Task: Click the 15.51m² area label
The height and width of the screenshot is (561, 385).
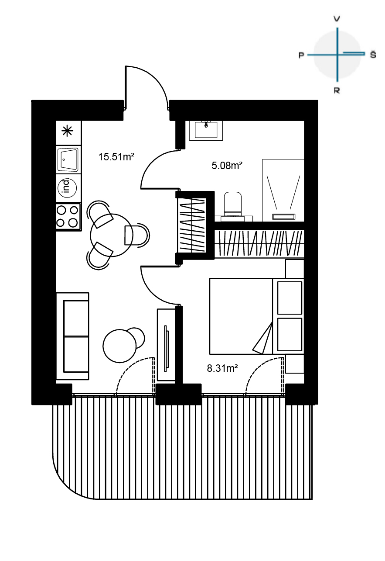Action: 116,157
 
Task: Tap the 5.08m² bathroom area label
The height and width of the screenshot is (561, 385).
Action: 227,165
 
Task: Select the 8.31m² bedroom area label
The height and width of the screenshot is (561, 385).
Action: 222,368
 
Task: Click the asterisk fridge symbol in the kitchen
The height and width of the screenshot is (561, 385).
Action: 67,131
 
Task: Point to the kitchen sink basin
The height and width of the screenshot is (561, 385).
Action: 68,159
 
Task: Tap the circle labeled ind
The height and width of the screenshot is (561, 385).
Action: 67,188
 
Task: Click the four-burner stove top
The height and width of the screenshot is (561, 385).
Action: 68,217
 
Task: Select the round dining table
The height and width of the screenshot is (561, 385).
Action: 112,235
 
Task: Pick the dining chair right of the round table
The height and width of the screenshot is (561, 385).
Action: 136,235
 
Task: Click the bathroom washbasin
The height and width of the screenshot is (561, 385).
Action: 206,130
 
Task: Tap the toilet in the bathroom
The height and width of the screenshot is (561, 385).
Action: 233,204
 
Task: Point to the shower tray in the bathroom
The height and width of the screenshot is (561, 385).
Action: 283,190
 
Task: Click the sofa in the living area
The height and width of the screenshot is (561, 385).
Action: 72,336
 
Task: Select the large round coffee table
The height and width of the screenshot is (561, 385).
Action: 119,346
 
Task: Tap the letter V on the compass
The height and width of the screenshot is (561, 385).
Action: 337,19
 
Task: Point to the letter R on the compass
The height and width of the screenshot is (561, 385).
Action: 337,90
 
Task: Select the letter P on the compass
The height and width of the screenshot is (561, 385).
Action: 301,55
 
